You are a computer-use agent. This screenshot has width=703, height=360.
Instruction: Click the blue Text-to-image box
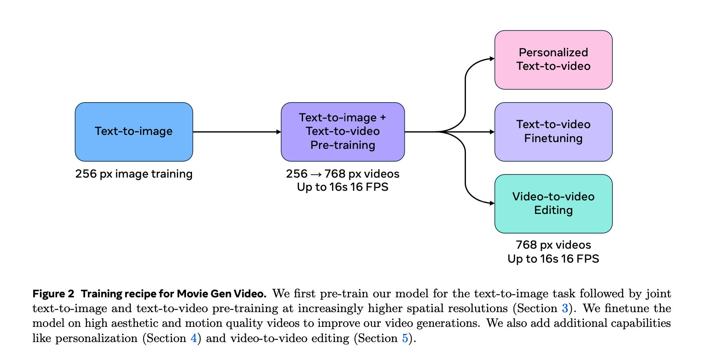(134, 132)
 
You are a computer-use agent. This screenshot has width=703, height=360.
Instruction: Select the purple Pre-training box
(343, 132)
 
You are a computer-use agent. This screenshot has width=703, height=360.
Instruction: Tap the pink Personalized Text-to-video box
(553, 59)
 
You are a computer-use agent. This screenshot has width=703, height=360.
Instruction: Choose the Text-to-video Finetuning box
(553, 132)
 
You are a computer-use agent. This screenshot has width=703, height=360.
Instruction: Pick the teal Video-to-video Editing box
(553, 204)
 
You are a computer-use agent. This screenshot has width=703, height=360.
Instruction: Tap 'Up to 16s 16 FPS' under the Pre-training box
(343, 187)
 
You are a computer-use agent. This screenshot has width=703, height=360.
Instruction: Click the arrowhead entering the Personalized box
(491, 59)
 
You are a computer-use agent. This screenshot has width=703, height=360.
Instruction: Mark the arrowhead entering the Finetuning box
(491, 132)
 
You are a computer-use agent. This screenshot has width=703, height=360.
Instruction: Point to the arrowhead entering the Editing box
(491, 203)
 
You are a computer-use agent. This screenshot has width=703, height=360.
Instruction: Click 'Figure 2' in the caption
(53, 294)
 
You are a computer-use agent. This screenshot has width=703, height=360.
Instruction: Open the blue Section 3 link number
(565, 309)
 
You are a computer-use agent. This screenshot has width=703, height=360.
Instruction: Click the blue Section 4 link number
(194, 338)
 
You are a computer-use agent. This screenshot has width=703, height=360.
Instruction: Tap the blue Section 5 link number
(405, 338)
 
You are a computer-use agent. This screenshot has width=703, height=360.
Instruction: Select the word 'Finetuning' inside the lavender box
(553, 138)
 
